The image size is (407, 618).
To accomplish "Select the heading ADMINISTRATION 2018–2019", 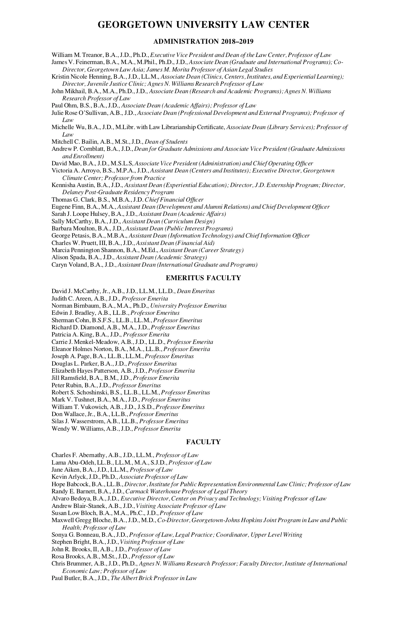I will click(203, 42).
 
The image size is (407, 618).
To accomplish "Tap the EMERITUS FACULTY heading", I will click(203, 278).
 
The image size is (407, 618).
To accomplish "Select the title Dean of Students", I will click(166, 142).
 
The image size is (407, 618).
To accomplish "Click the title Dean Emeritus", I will click(196, 291).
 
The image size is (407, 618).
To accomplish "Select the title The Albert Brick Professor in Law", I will click(154, 578).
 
